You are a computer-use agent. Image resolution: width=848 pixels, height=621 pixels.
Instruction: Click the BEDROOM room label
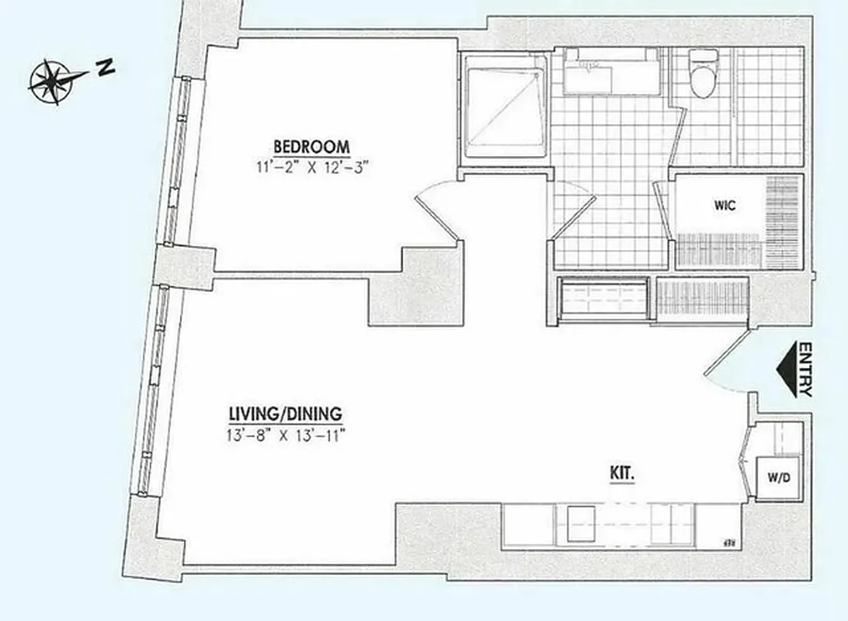point(311,146)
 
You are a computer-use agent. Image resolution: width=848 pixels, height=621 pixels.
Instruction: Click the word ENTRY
point(805,370)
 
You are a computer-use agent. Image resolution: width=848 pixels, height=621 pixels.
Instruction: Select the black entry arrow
point(787,370)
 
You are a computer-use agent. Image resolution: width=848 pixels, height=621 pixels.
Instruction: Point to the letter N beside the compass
point(105,68)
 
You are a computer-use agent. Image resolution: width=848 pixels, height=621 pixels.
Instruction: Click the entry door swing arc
point(726,365)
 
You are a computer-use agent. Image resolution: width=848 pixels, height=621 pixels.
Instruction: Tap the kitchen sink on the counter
point(580,525)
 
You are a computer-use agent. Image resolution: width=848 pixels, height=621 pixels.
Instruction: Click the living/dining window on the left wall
point(151,388)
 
